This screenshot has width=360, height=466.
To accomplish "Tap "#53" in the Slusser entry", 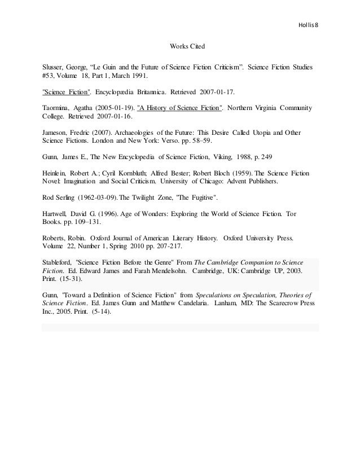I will (x=49, y=74).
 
